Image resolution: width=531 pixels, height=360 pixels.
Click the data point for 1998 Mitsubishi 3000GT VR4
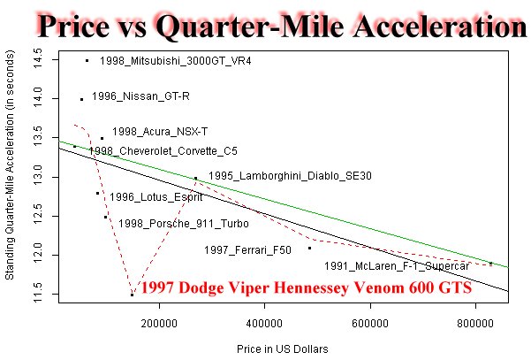[x=87, y=61]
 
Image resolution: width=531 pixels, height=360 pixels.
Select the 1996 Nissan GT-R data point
[x=81, y=99]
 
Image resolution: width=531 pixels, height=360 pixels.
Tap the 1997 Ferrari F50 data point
[x=309, y=249]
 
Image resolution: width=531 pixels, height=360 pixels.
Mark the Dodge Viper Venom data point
[x=132, y=295]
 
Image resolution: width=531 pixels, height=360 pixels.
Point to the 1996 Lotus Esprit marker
[x=97, y=193]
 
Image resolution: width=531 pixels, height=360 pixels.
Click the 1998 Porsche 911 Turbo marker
[x=106, y=217]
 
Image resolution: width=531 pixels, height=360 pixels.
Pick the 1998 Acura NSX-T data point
[x=102, y=138]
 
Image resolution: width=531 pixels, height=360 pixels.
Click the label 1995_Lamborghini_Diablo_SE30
[x=290, y=176]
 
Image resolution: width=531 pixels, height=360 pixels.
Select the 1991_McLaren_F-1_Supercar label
[x=397, y=266]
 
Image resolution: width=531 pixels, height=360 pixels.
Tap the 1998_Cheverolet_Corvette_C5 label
[x=163, y=151]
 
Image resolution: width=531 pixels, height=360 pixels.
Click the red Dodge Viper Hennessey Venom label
[x=306, y=287]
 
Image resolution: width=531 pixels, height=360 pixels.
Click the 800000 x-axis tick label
[x=475, y=324]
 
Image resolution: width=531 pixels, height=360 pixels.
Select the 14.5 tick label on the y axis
[x=37, y=58]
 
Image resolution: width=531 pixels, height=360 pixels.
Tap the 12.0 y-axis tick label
[x=37, y=255]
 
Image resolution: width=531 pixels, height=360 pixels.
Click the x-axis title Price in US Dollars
[x=283, y=349]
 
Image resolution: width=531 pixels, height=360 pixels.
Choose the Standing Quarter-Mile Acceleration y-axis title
[x=10, y=165]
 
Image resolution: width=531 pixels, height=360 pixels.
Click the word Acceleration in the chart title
[x=440, y=27]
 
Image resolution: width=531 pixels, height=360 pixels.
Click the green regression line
[x=284, y=204]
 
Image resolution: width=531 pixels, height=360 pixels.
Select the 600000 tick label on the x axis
[x=370, y=324]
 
